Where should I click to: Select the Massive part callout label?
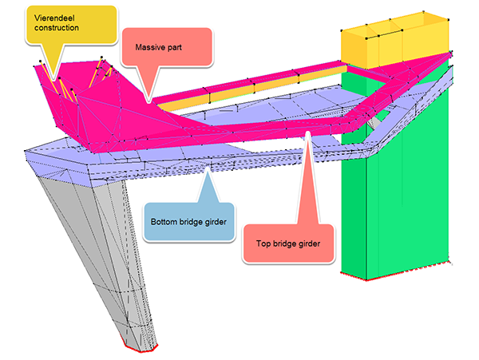[167, 48]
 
